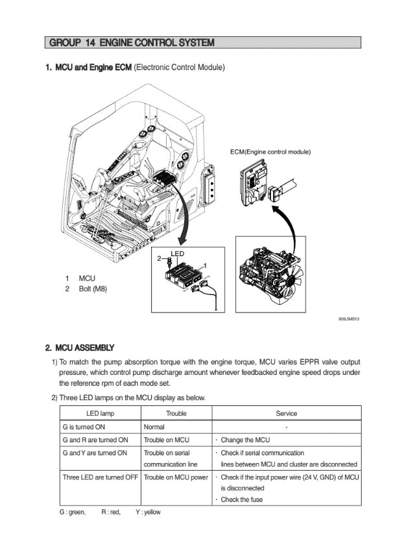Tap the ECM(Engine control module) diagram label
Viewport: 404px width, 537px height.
(x=270, y=152)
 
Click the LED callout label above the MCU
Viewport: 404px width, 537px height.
(x=177, y=253)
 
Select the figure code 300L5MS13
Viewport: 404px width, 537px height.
(x=349, y=319)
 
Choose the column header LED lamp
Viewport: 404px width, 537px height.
(x=100, y=413)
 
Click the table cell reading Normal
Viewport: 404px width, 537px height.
(x=154, y=427)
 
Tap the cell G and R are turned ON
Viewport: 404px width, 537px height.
(x=95, y=440)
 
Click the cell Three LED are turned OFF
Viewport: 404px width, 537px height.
(x=100, y=477)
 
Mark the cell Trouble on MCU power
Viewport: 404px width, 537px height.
(x=176, y=477)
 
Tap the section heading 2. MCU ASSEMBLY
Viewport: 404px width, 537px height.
(x=79, y=348)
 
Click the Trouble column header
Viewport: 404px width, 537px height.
(x=176, y=413)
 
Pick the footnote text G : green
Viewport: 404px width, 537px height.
(x=72, y=512)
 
